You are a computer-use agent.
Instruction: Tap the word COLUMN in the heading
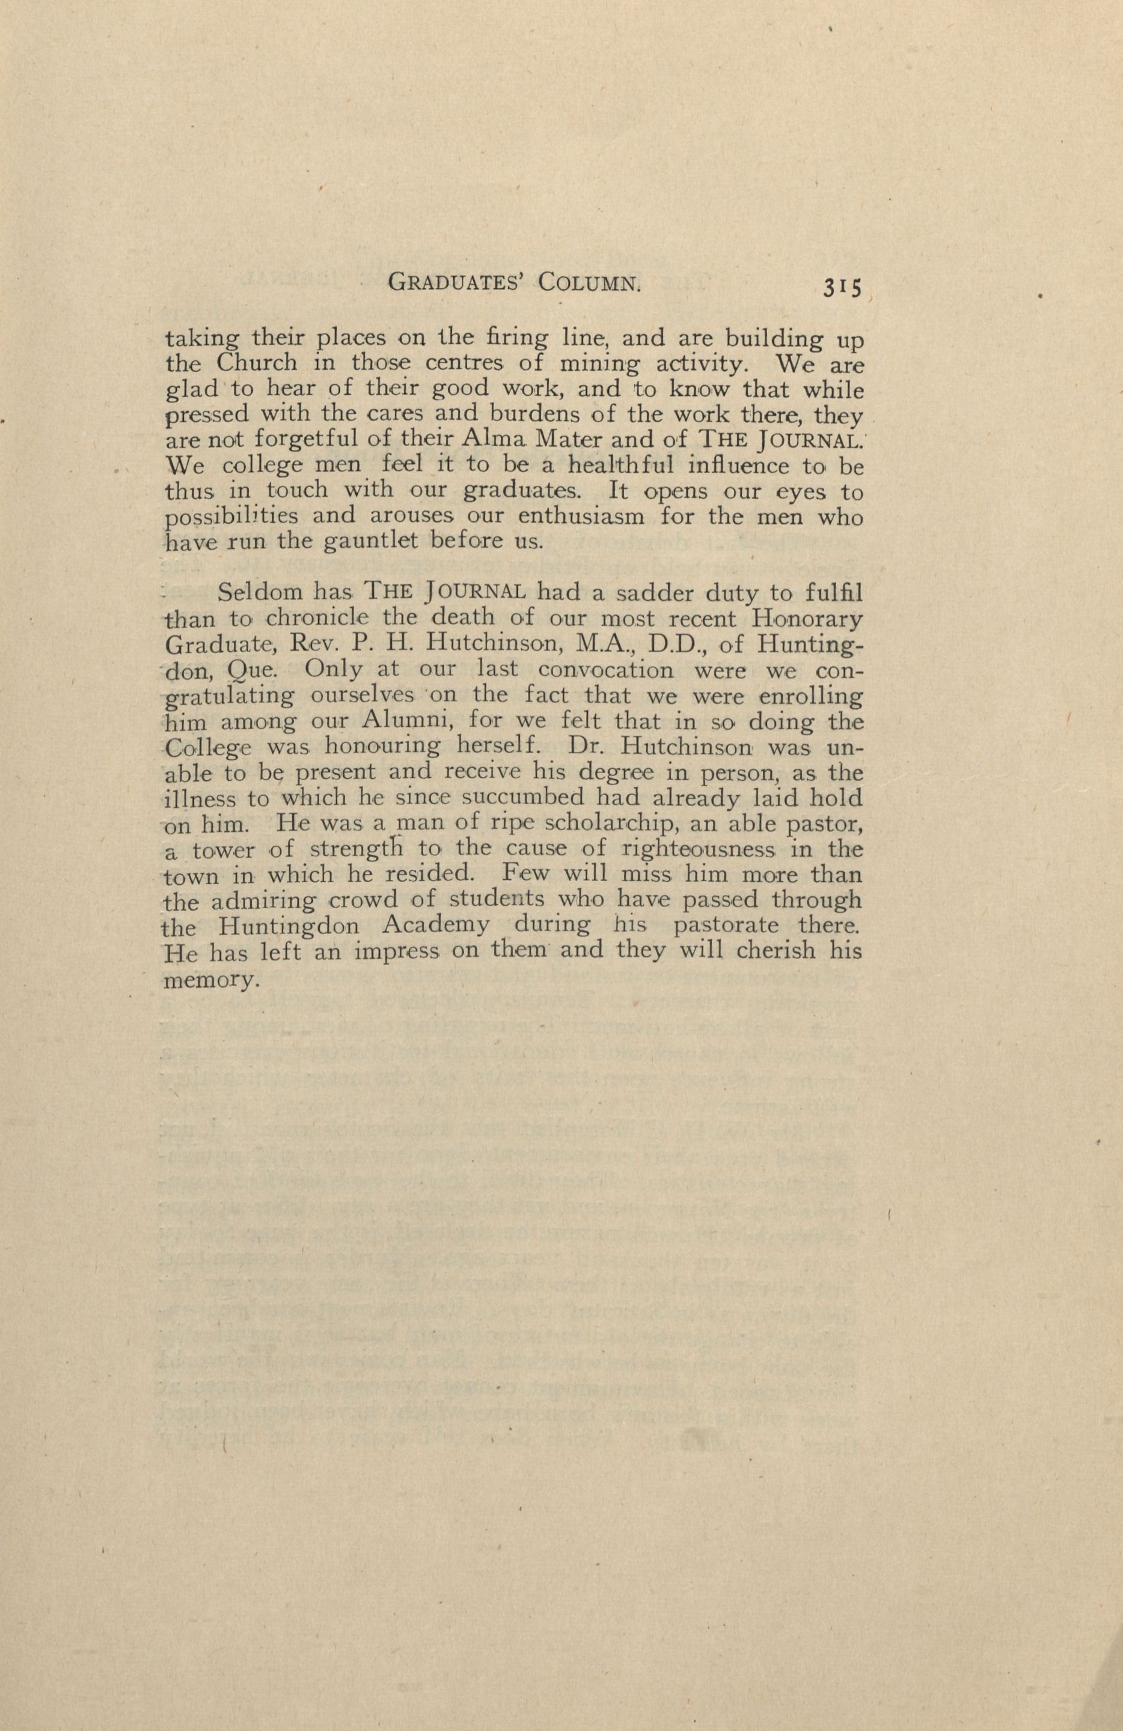(590, 282)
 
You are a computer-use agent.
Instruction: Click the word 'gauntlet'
(352, 542)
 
